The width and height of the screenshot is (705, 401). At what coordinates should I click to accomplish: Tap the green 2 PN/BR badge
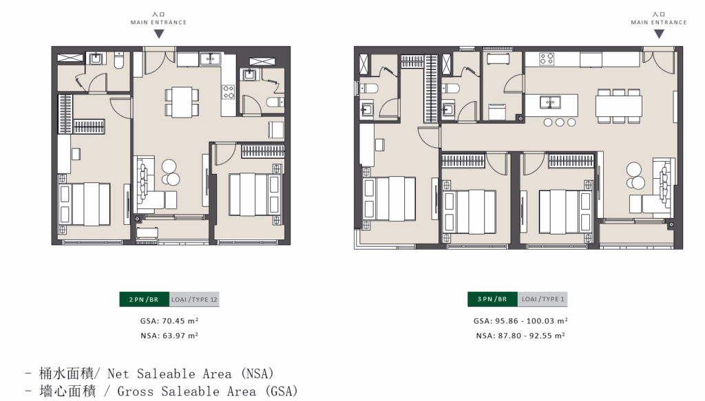(x=145, y=299)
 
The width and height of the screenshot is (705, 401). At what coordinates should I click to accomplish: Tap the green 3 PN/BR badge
(x=492, y=299)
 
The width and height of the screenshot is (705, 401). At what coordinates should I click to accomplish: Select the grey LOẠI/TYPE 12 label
(x=194, y=299)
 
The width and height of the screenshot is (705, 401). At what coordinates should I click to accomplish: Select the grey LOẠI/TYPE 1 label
(x=543, y=299)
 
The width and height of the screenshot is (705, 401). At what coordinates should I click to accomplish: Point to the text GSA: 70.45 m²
(x=169, y=321)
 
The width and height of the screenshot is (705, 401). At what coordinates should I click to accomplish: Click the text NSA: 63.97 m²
(x=169, y=336)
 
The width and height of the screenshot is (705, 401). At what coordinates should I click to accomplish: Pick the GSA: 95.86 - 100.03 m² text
(x=520, y=321)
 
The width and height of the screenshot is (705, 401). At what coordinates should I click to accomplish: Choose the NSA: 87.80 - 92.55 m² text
(x=520, y=336)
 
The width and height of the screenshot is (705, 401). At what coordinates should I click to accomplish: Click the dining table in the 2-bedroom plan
(x=182, y=102)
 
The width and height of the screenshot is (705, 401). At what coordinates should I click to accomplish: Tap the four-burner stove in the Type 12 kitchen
(x=229, y=92)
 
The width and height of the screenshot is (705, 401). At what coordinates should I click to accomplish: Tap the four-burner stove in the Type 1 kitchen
(x=547, y=59)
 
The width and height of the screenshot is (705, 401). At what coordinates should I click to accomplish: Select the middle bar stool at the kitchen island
(x=559, y=122)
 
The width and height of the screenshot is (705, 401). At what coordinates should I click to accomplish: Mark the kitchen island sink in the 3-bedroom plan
(x=549, y=102)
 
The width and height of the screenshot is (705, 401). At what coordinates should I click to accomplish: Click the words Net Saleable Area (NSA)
(x=191, y=373)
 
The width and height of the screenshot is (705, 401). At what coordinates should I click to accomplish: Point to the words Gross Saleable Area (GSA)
(x=208, y=391)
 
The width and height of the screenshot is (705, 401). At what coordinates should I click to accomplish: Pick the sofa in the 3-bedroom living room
(x=664, y=185)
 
